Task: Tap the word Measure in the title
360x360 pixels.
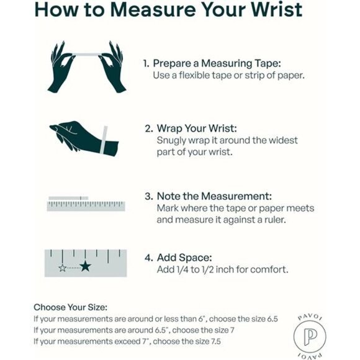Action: [153, 9]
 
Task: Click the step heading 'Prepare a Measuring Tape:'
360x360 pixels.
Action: [217, 63]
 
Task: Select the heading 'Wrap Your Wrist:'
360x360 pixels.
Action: [197, 128]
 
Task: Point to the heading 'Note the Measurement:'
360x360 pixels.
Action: [214, 196]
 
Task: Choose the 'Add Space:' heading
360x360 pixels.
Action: [184, 258]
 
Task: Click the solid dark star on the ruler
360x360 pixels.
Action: [86, 266]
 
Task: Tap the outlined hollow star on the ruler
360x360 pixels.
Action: [63, 268]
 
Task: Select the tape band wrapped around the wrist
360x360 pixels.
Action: [104, 140]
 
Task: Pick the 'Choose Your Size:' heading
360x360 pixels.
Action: [71, 307]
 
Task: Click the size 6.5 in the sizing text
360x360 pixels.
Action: [272, 319]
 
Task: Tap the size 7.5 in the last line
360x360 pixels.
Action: [215, 341]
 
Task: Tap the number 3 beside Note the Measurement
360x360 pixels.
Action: [148, 197]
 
